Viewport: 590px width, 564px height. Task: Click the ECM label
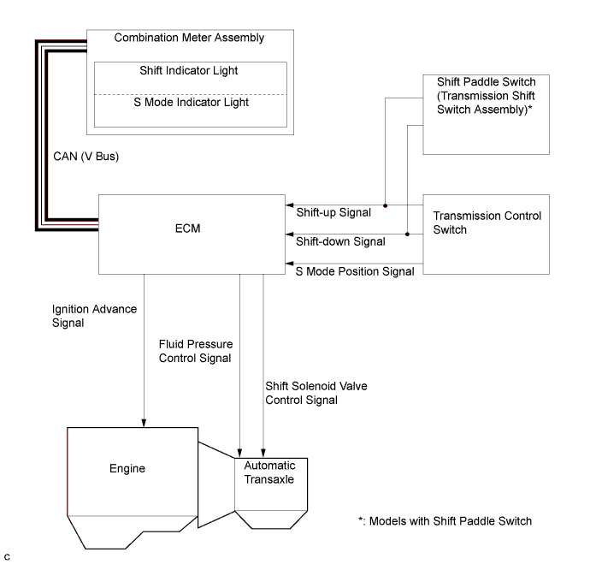click(188, 229)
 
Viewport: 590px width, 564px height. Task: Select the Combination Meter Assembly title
click(189, 38)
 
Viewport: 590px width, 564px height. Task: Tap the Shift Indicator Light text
click(189, 70)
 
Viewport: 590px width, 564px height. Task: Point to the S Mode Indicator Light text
click(192, 102)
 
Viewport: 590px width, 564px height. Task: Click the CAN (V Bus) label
click(86, 157)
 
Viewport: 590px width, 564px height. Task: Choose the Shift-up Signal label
click(333, 212)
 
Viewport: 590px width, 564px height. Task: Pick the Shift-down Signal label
click(340, 241)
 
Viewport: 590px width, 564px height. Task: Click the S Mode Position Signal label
click(355, 271)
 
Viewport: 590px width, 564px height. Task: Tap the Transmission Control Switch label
click(487, 223)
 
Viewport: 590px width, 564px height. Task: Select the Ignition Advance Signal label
click(94, 316)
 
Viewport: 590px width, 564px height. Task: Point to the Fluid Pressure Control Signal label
click(196, 351)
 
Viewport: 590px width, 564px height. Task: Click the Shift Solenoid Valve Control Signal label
click(316, 393)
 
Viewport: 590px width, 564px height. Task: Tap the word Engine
click(127, 468)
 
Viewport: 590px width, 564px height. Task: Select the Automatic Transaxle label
click(269, 472)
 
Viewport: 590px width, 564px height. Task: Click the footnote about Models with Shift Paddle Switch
click(445, 521)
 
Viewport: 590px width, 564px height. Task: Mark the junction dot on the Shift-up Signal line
click(385, 205)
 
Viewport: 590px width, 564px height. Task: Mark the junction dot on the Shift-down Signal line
click(407, 235)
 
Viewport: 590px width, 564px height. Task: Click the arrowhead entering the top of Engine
click(144, 423)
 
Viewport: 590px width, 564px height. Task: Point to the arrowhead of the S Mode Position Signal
click(289, 264)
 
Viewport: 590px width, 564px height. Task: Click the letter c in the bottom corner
click(7, 557)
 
